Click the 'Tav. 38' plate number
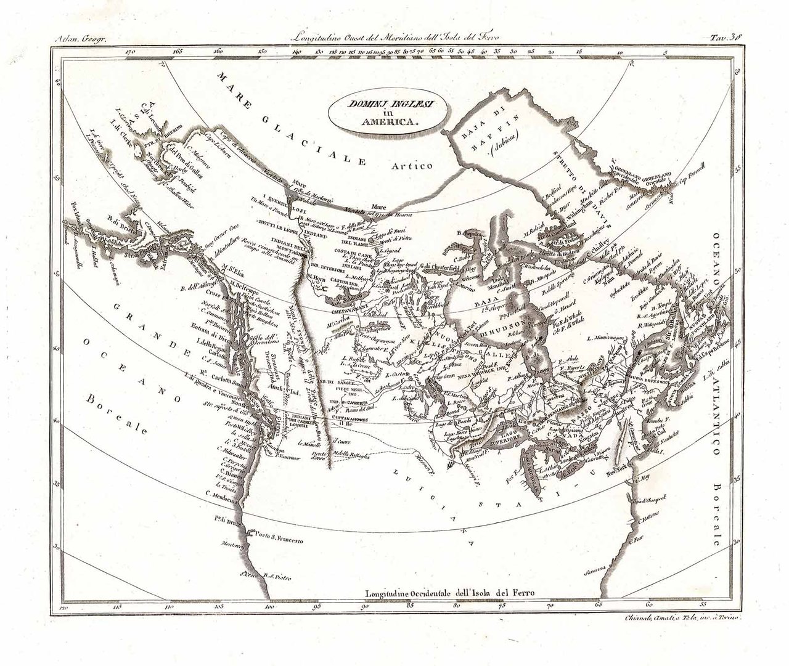click(728, 36)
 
